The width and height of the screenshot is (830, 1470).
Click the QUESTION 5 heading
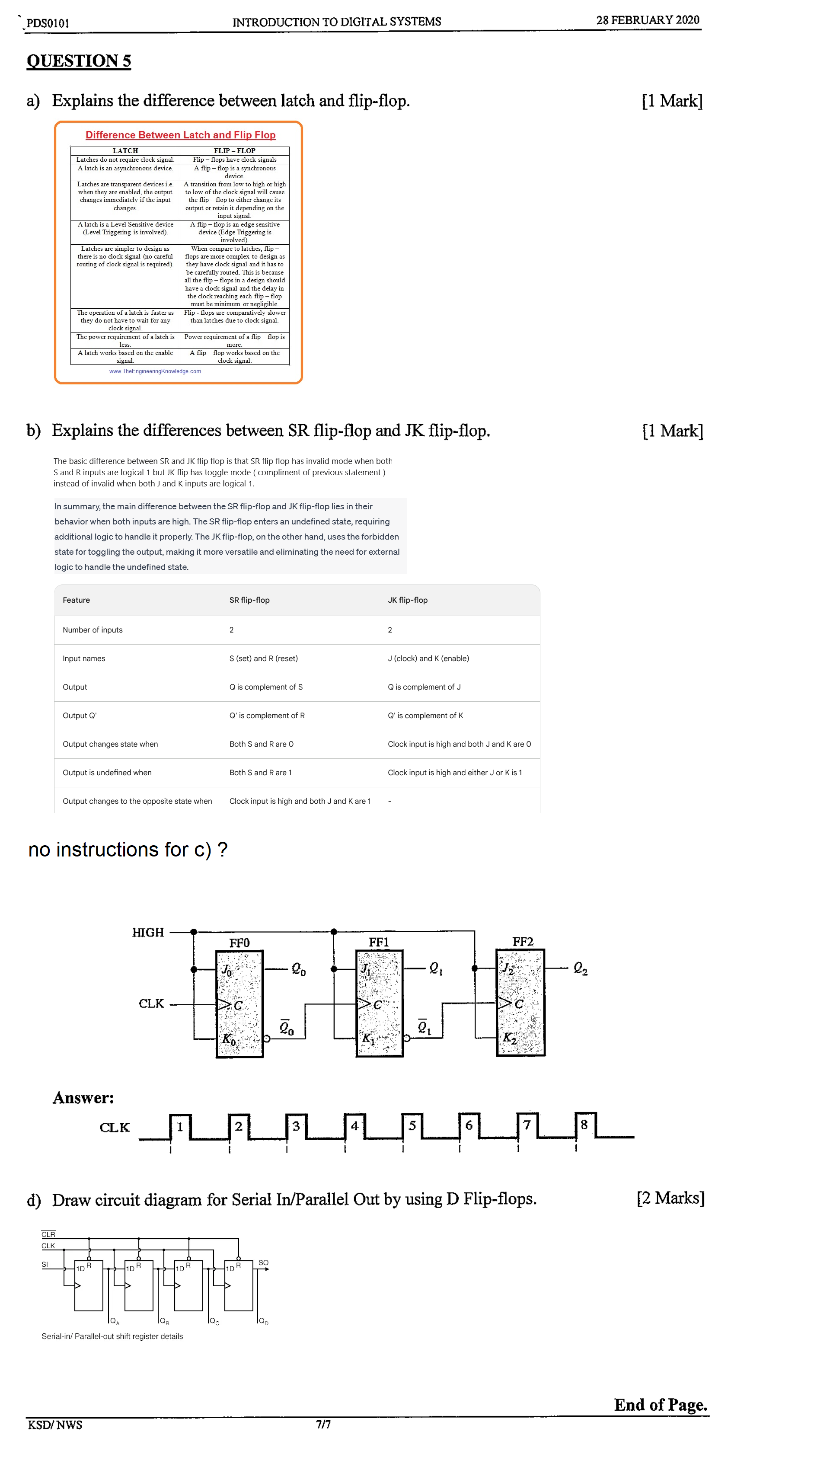pyautogui.click(x=79, y=61)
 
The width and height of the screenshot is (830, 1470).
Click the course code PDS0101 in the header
pyautogui.click(x=48, y=23)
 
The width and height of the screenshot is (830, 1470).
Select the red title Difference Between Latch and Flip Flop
pyautogui.click(x=180, y=134)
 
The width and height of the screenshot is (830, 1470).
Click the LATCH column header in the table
pyautogui.click(x=125, y=150)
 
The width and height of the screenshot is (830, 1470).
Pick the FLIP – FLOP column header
pyautogui.click(x=234, y=150)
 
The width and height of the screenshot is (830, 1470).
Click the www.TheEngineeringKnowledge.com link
pyautogui.click(x=155, y=371)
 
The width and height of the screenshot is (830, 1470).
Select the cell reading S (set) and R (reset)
pyautogui.click(x=263, y=658)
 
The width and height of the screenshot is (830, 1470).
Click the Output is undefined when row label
pyautogui.click(x=107, y=772)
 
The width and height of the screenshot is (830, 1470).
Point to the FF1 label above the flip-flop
pyautogui.click(x=378, y=942)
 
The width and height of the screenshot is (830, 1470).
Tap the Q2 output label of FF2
pyautogui.click(x=580, y=968)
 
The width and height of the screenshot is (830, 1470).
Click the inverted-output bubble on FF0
pyautogui.click(x=266, y=1038)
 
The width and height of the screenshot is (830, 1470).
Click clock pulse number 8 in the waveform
pyautogui.click(x=584, y=1124)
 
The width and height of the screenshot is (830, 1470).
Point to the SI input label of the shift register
pyautogui.click(x=45, y=1264)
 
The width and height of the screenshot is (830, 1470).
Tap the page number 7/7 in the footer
pyautogui.click(x=323, y=1424)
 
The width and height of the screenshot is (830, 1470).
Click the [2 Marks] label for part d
pyautogui.click(x=670, y=1197)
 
